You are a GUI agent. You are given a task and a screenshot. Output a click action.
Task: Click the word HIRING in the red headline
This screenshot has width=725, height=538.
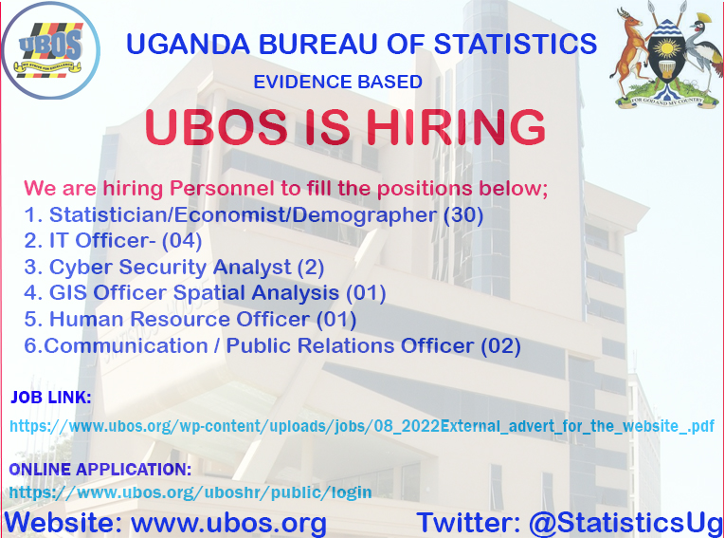[x=454, y=129]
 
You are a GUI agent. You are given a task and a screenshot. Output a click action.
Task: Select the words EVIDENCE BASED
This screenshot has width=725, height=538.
[x=337, y=83]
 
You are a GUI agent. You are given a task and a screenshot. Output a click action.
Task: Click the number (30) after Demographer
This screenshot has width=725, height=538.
[x=463, y=214]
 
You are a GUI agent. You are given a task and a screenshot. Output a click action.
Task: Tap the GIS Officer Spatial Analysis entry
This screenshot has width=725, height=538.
[x=205, y=293]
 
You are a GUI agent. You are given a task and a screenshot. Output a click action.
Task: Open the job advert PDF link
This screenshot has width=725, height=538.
[x=362, y=425]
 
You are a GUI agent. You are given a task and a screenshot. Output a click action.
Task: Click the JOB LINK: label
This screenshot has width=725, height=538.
[x=51, y=397]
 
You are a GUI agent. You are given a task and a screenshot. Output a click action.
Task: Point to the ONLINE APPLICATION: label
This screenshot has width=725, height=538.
[x=100, y=470]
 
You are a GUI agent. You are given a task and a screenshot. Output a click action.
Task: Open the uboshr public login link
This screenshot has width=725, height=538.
[x=190, y=492]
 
